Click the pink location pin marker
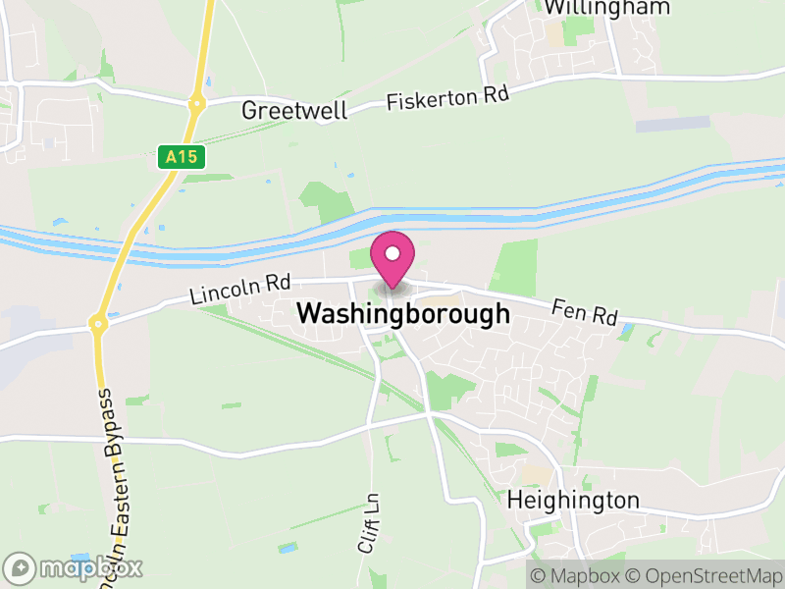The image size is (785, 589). [392, 259]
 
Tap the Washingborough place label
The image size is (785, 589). [403, 314]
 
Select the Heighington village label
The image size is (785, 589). [573, 500]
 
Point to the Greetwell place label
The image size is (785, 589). [294, 110]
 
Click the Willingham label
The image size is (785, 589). [606, 8]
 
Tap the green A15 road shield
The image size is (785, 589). [181, 156]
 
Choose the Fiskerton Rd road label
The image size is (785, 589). [448, 98]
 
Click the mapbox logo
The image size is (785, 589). [75, 567]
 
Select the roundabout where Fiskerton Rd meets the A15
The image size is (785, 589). [197, 101]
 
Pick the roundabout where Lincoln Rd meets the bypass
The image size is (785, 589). [98, 322]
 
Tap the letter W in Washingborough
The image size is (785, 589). [308, 314]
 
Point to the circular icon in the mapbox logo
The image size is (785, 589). [21, 567]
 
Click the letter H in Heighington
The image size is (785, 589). [514, 500]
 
